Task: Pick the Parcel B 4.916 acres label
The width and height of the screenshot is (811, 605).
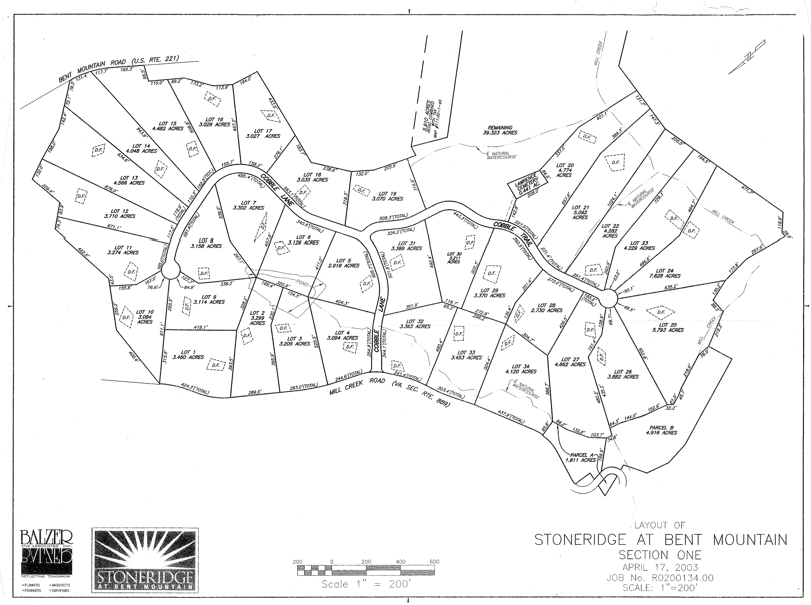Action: [x=663, y=430]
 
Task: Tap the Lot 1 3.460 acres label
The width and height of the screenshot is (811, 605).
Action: [x=188, y=354]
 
